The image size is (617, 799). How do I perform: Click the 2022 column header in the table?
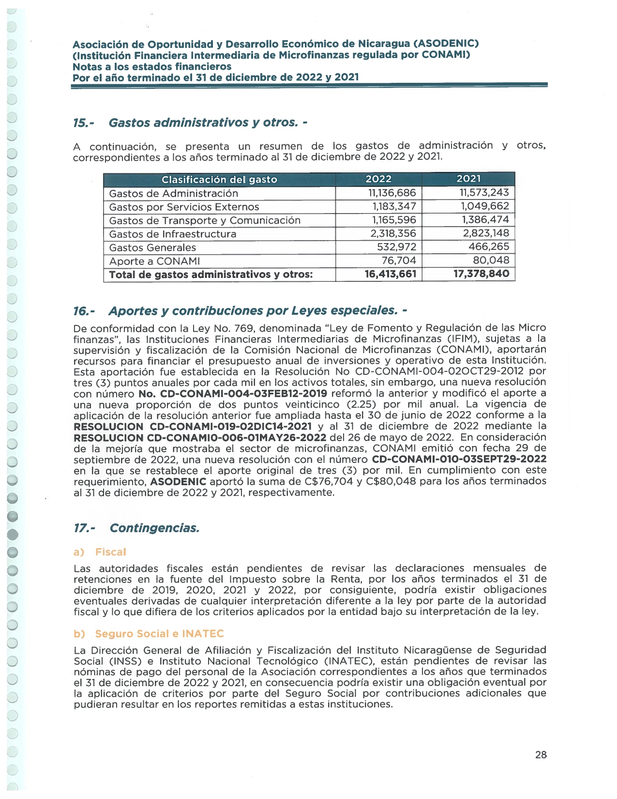tap(378, 179)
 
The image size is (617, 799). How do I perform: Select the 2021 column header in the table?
tap(468, 179)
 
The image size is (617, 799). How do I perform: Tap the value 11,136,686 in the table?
tap(392, 193)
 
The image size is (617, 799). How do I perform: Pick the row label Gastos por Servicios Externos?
tap(184, 207)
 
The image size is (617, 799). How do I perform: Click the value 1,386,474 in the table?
tap(485, 220)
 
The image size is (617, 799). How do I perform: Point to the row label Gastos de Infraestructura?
tap(173, 234)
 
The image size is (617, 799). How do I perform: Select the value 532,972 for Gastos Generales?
tap(396, 247)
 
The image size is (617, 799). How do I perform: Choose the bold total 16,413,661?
tap(390, 275)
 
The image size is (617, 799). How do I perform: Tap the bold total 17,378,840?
tap(481, 274)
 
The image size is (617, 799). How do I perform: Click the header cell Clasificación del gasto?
tap(219, 180)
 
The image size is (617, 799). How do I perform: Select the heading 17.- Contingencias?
tap(136, 528)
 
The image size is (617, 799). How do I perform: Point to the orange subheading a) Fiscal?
tap(100, 552)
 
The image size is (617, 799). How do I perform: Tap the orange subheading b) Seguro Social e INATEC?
tap(149, 634)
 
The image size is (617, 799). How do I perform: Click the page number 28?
tap(541, 754)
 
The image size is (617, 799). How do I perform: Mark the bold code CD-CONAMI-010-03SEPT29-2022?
tap(459, 459)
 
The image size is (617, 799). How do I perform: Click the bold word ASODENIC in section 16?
tap(179, 482)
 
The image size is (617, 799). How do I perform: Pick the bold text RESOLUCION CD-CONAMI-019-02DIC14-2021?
tap(193, 427)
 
